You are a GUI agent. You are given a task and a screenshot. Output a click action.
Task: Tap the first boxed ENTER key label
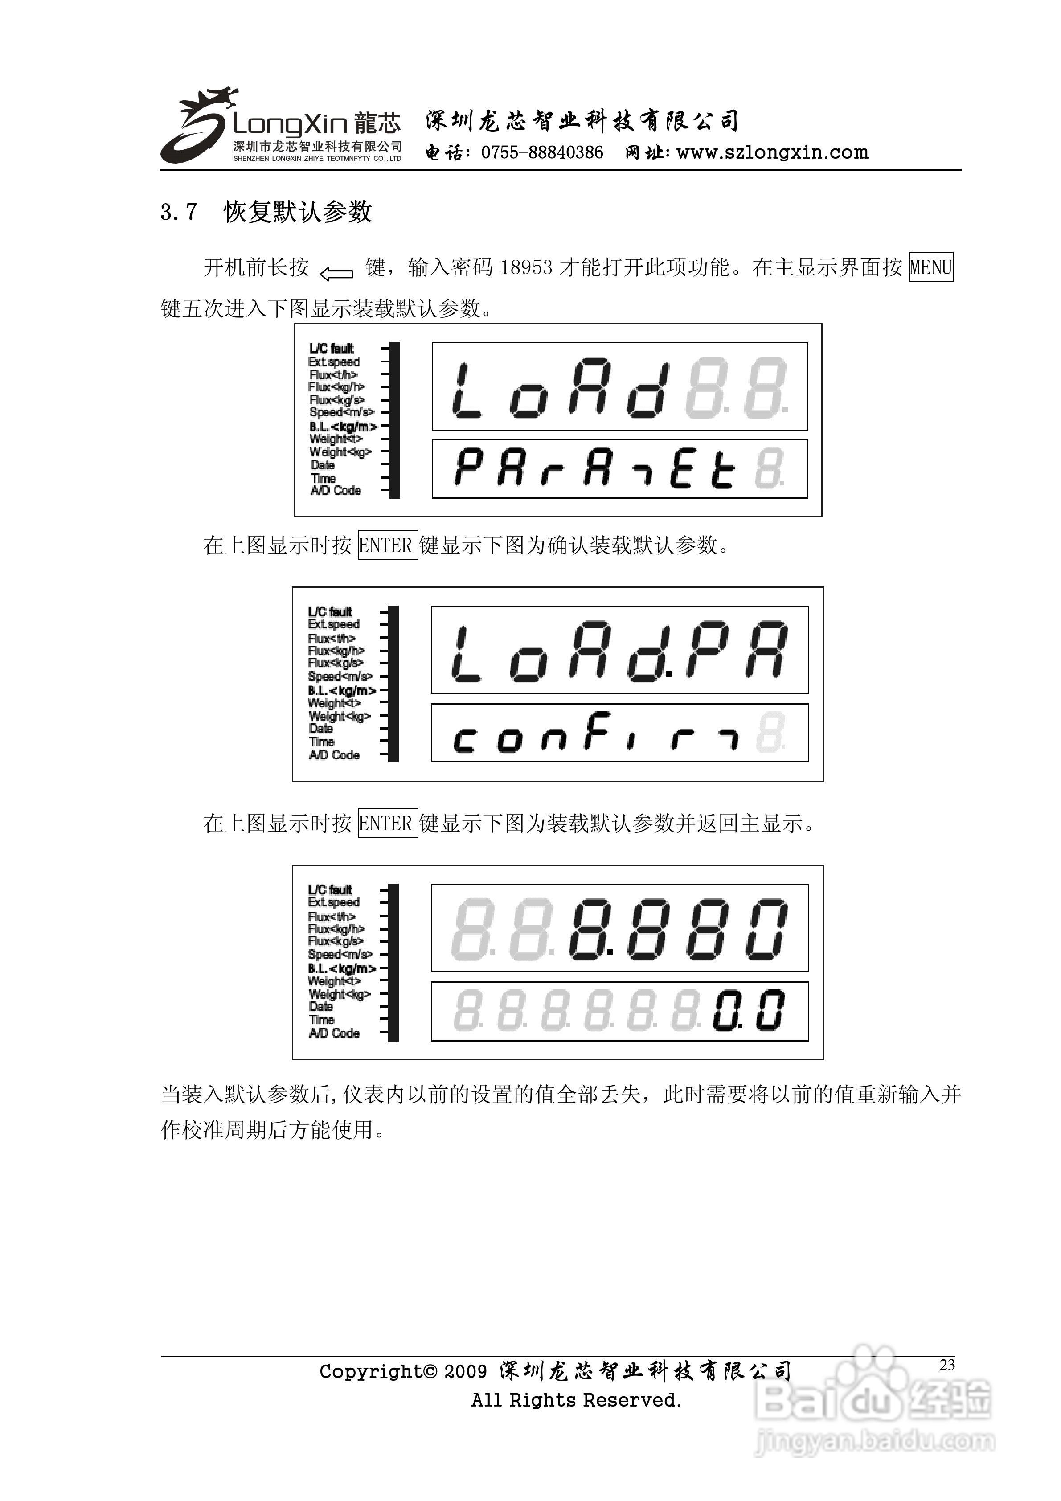click(387, 545)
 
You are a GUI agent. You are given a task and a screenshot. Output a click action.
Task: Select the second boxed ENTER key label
click(387, 824)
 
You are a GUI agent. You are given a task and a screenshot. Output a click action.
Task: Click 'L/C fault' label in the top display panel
click(332, 349)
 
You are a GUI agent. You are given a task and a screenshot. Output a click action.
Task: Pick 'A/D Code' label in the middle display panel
click(334, 755)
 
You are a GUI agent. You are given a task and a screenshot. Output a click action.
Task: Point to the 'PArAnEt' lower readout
click(595, 469)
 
